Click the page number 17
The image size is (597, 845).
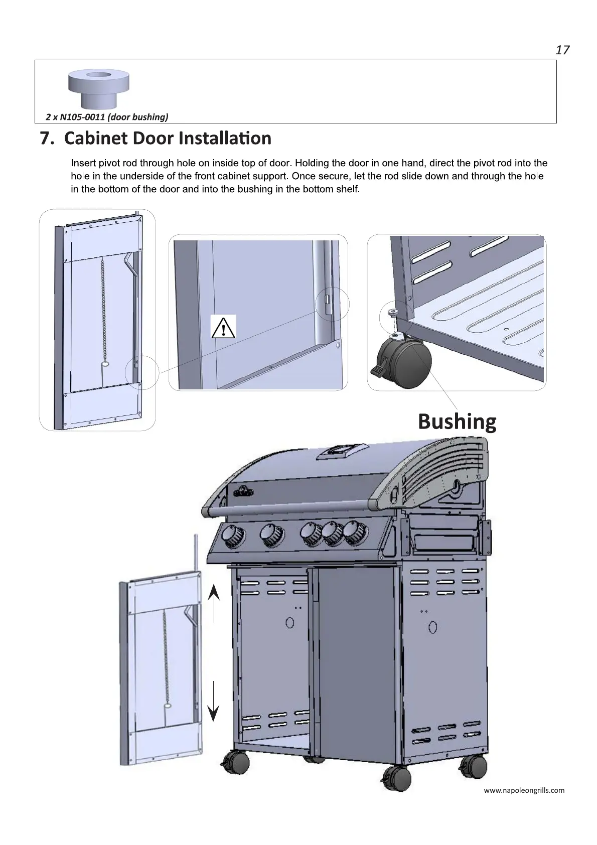pyautogui.click(x=562, y=50)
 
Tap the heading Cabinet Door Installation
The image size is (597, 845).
pyautogui.click(x=168, y=138)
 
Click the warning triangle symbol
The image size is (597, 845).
pyautogui.click(x=223, y=327)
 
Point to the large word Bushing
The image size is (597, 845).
pyautogui.click(x=457, y=421)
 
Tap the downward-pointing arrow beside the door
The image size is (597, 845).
pyautogui.click(x=214, y=701)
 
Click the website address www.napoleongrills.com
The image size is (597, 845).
pyautogui.click(x=524, y=790)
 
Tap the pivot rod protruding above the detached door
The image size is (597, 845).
pyautogui.click(x=196, y=551)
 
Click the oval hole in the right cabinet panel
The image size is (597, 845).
pyautogui.click(x=432, y=627)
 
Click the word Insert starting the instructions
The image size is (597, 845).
pyautogui.click(x=83, y=163)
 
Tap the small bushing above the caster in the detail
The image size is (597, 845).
pyautogui.click(x=393, y=314)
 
